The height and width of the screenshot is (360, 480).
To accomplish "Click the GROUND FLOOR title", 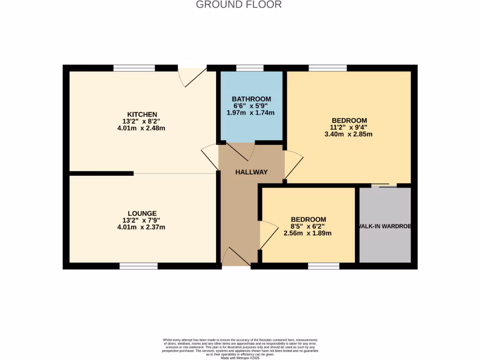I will tap(239, 5).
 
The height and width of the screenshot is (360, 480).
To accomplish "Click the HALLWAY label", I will tap(251, 172).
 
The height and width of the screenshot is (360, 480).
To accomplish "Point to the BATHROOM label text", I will tap(251, 99).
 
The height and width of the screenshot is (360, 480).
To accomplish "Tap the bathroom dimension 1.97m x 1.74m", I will tap(251, 112).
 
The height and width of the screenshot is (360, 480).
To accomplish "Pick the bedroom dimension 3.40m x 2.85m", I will tap(349, 134).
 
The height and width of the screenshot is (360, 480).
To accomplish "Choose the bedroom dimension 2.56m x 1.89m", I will tap(308, 233).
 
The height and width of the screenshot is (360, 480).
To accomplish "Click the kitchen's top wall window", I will tap(134, 68).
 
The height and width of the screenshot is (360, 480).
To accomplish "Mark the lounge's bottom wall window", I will tap(138, 266).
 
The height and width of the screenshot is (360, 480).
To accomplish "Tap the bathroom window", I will tap(249, 68).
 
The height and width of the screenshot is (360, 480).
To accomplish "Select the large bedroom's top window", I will tap(328, 68).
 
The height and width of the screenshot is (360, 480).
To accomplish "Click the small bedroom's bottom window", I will tap(323, 266).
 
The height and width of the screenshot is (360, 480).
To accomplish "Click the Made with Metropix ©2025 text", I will tap(240, 358).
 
